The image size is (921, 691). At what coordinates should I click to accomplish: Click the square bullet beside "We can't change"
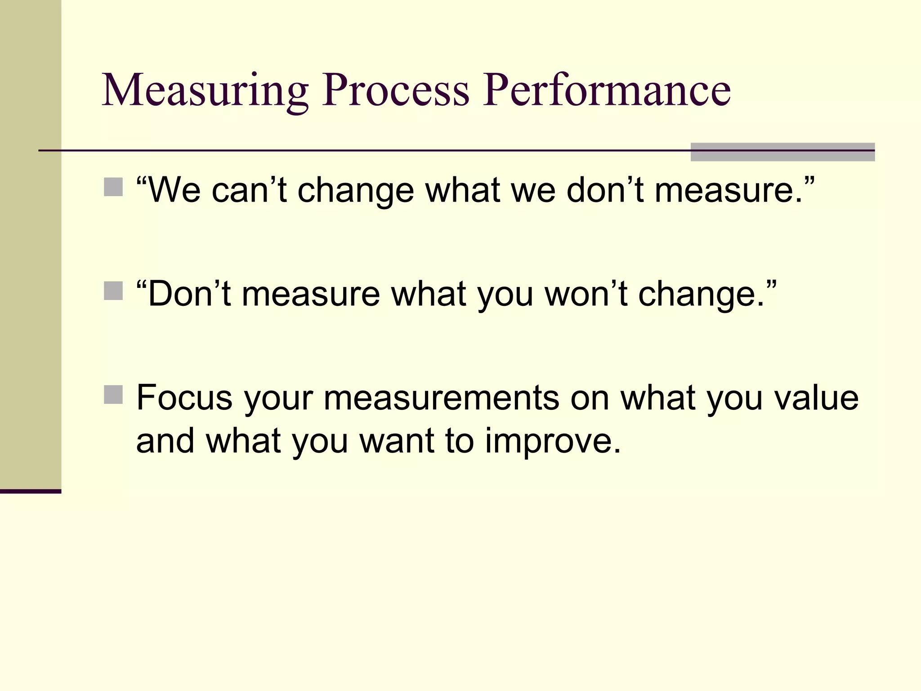pyautogui.click(x=113, y=187)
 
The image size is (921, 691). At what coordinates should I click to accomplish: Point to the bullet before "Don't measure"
pyautogui.click(x=113, y=291)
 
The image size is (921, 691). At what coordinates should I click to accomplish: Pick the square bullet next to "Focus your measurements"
pyautogui.click(x=113, y=395)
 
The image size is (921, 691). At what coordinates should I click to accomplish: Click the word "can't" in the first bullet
pyautogui.click(x=249, y=190)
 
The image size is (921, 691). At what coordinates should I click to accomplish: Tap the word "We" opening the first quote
pyautogui.click(x=174, y=190)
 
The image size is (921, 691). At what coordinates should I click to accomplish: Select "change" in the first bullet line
pyautogui.click(x=355, y=191)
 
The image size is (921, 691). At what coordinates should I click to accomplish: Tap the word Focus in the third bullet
pyautogui.click(x=184, y=398)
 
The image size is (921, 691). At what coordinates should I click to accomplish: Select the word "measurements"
pyautogui.click(x=441, y=398)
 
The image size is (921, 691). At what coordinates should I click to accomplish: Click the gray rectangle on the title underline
pyautogui.click(x=782, y=152)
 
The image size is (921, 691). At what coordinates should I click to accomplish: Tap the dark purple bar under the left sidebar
pyautogui.click(x=31, y=491)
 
